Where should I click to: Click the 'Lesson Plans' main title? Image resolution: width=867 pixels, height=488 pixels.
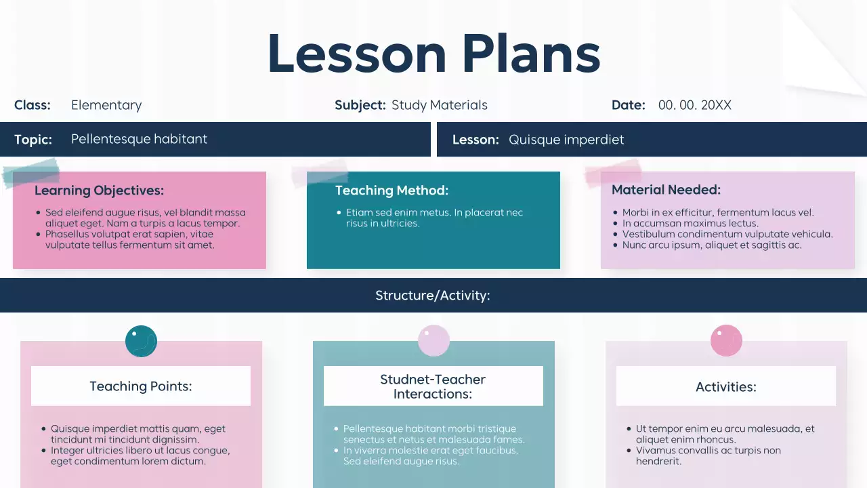point(433,54)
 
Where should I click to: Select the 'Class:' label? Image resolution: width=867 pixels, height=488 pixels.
point(33,105)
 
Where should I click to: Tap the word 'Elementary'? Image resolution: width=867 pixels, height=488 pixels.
point(106,105)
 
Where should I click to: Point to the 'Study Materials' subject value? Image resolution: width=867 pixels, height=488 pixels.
point(439,105)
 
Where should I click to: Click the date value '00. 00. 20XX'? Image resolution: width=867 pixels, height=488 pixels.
point(694,105)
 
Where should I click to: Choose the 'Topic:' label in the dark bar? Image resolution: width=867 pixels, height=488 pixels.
point(33,140)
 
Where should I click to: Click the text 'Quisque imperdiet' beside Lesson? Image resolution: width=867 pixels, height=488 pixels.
point(566,140)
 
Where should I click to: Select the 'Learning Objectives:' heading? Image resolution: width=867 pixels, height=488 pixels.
point(99,190)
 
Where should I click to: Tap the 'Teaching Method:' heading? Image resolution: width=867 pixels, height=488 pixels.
point(392,190)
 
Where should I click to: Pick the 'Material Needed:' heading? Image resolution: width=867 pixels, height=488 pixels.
point(666,190)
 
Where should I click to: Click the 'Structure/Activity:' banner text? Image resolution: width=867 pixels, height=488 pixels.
point(433,296)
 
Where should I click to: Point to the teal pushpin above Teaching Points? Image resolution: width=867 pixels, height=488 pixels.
point(141,341)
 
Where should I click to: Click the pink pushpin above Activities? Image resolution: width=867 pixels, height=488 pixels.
point(726,341)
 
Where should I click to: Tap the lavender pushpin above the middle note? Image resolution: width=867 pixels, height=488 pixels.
point(433,341)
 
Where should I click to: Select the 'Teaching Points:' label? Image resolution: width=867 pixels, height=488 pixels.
point(141,386)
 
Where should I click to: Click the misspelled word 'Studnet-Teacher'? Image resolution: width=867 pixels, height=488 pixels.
point(433,380)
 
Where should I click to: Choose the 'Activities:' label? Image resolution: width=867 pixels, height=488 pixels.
point(726,387)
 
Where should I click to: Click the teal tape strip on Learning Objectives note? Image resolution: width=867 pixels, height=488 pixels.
point(30,172)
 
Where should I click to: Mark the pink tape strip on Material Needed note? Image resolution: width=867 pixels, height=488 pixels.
point(613,172)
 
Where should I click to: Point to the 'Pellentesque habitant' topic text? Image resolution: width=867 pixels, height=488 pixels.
point(139,139)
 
